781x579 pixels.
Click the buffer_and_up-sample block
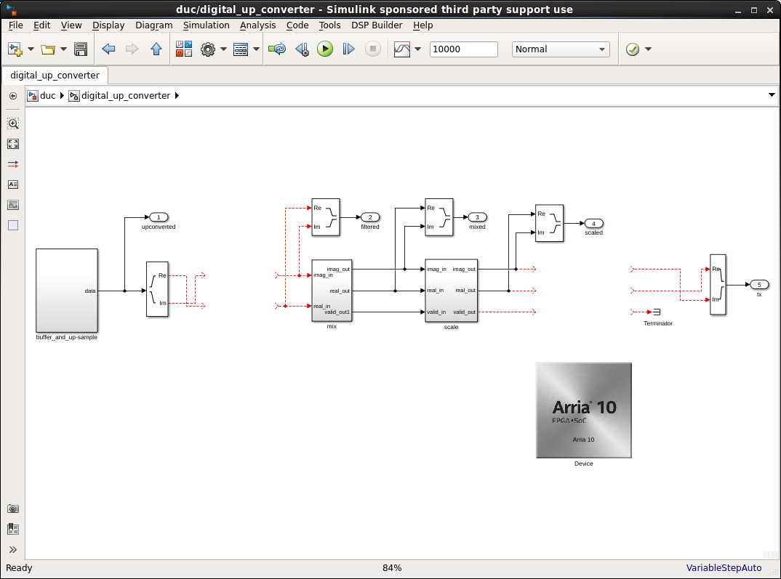tap(66, 291)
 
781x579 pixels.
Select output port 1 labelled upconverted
tap(159, 217)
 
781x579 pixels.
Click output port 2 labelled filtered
tap(370, 217)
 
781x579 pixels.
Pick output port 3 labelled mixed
tap(477, 217)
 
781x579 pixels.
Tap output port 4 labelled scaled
tap(593, 224)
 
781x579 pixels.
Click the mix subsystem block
tap(332, 291)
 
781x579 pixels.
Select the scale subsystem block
tap(451, 291)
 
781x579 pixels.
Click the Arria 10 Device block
tap(583, 410)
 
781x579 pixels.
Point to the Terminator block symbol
tap(656, 312)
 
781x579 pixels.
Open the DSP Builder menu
tap(377, 25)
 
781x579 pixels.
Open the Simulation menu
tap(206, 25)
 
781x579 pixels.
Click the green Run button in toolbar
tap(325, 49)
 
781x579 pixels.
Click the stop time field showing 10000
tap(463, 49)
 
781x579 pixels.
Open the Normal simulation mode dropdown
tap(561, 49)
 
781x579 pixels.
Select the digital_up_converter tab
tap(55, 76)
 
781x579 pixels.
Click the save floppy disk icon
tap(81, 49)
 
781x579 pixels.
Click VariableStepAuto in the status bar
tap(724, 568)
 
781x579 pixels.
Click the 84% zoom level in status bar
tap(392, 568)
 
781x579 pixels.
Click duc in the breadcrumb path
tap(48, 96)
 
